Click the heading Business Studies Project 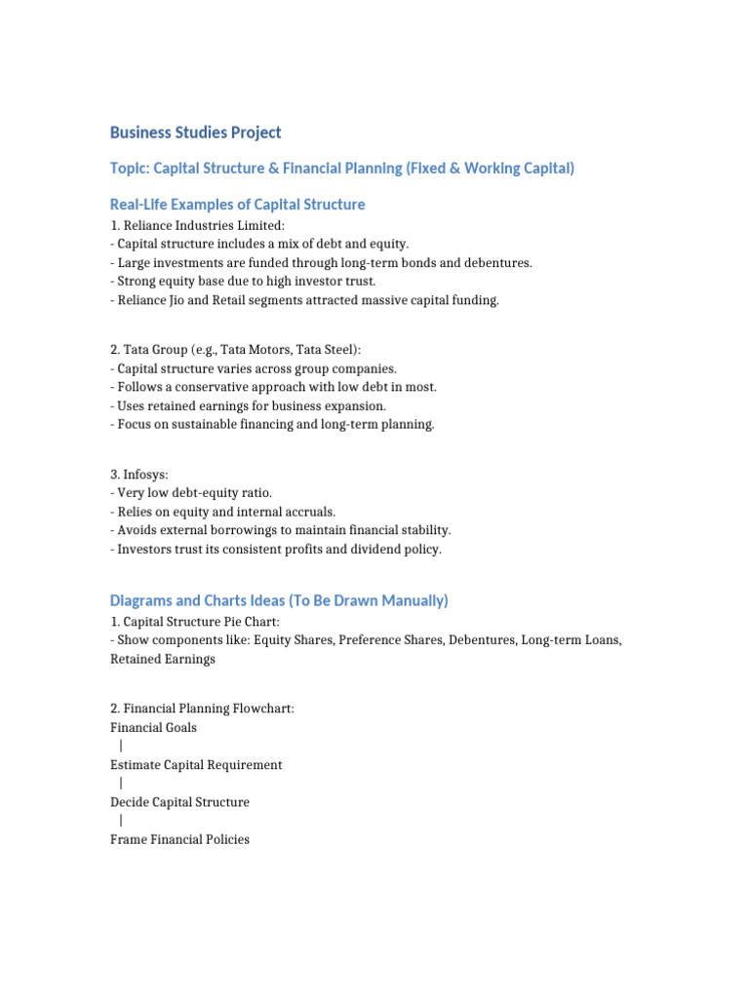click(195, 132)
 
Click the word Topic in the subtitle click(130, 169)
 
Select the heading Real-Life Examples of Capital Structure click(237, 205)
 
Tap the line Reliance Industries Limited click(197, 226)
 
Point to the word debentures click(497, 263)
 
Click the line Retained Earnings click(162, 659)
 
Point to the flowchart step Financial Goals click(153, 727)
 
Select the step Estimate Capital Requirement click(196, 765)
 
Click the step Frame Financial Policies click(179, 839)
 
